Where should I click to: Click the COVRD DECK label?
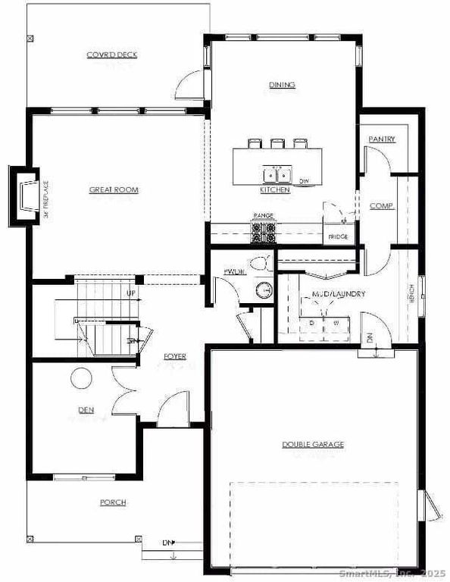(111, 55)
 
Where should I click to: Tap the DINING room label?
(282, 85)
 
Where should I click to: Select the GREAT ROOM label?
(114, 189)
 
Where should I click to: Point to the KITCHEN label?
(275, 190)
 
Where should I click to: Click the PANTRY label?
(383, 140)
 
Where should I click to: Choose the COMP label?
(381, 205)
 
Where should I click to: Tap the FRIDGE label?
(338, 237)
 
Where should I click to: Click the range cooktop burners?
(264, 233)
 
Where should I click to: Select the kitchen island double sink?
(279, 174)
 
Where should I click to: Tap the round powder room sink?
(263, 289)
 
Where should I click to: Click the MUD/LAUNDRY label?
(339, 293)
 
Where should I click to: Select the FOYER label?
(175, 356)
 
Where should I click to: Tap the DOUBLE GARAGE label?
(313, 444)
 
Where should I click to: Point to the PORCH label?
(113, 502)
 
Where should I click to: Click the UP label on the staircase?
(131, 293)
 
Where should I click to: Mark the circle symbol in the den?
(82, 377)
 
